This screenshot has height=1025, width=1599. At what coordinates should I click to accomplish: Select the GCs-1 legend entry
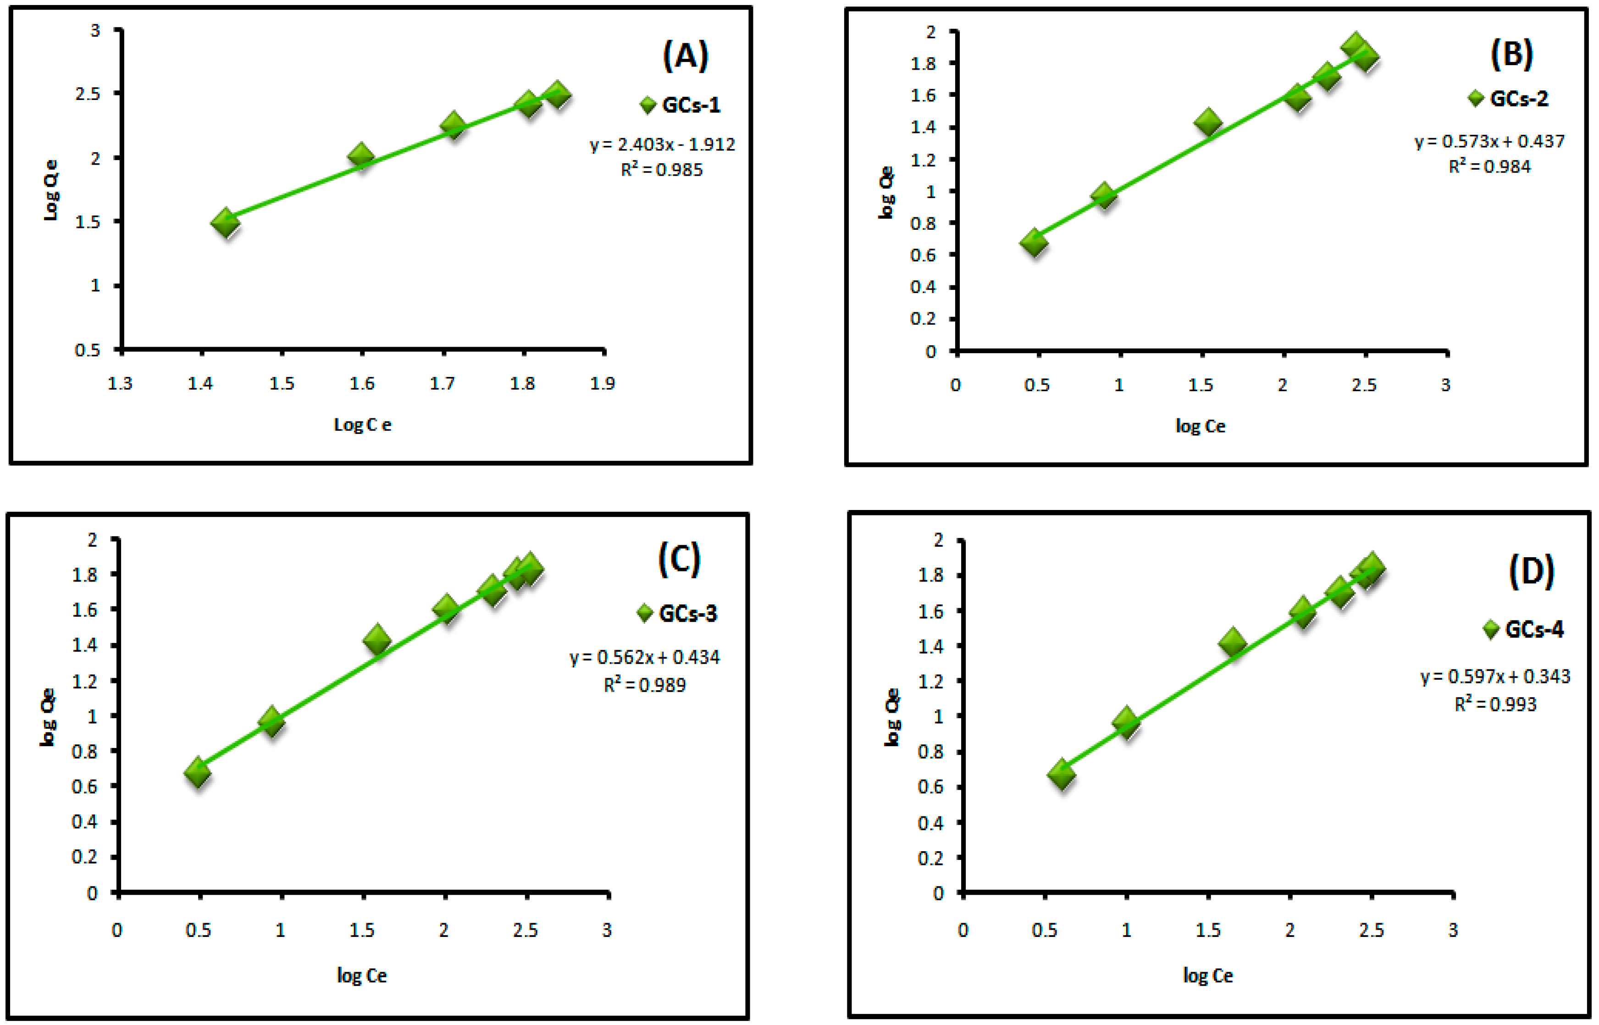680,105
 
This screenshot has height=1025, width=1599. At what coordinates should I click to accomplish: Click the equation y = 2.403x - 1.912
662,144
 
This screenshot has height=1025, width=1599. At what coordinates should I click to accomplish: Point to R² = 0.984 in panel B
1489,166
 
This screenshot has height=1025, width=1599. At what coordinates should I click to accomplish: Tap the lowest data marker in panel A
226,222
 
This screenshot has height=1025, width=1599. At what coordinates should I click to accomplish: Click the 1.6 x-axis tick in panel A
362,383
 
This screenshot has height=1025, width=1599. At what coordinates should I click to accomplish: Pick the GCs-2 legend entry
1508,99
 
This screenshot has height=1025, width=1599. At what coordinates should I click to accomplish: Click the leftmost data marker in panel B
1034,242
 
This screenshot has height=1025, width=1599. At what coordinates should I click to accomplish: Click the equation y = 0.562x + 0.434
644,658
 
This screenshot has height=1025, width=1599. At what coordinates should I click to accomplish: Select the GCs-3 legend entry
677,613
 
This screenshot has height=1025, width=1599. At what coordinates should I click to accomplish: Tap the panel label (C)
680,559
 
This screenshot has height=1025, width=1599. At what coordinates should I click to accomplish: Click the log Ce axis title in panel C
361,976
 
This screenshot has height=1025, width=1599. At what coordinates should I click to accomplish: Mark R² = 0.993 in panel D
1495,704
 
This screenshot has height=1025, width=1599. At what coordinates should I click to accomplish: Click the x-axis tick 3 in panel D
1453,930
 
